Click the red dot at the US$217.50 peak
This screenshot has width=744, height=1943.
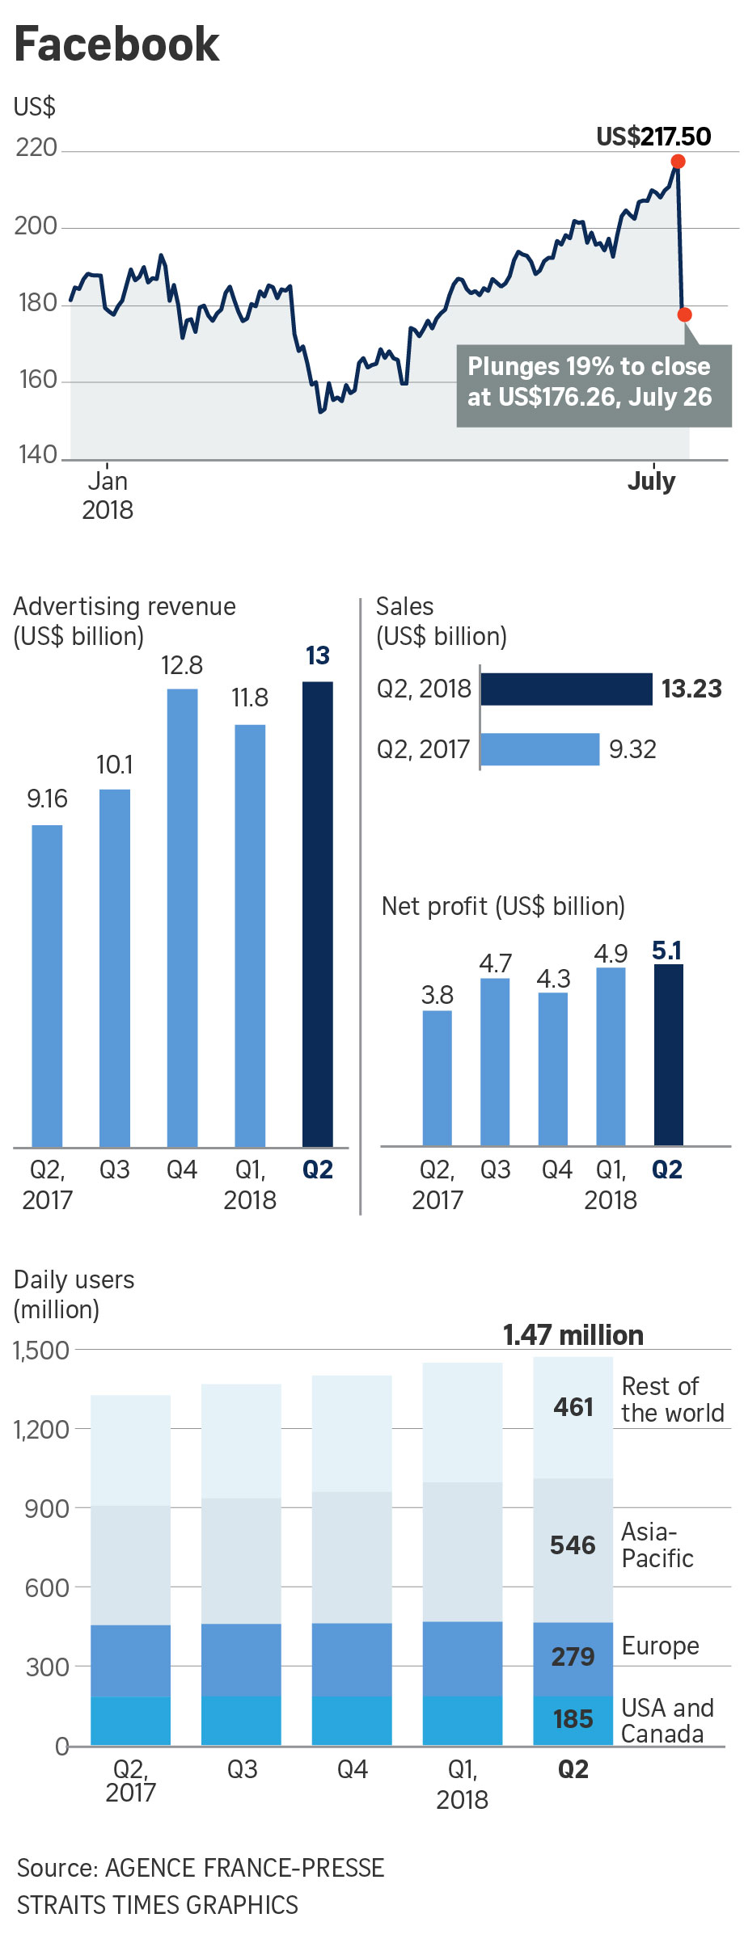678,162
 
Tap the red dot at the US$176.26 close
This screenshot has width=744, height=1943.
684,314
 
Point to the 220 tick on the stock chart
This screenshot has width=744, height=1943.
36,148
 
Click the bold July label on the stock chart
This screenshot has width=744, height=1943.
651,481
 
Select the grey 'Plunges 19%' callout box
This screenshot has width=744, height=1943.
594,386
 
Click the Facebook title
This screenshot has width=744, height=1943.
117,44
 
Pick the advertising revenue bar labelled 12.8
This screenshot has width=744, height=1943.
182,917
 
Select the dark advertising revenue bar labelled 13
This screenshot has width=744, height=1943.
317,913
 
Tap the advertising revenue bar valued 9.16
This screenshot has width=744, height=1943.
47,986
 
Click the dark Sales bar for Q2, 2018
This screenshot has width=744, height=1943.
566,689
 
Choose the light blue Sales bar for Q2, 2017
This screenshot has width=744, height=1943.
540,749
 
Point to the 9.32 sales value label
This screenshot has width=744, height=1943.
632,749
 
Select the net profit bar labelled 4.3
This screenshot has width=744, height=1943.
553,1068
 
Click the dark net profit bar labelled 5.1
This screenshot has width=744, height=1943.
668,1055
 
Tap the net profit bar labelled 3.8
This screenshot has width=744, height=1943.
437,1077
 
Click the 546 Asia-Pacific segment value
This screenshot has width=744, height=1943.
573,1545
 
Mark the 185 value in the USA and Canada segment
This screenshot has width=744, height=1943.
573,1719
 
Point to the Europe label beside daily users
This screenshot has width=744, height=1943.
660,1646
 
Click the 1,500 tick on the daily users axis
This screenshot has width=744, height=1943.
41,1351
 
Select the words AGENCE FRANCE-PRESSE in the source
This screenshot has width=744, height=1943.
245,1868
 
